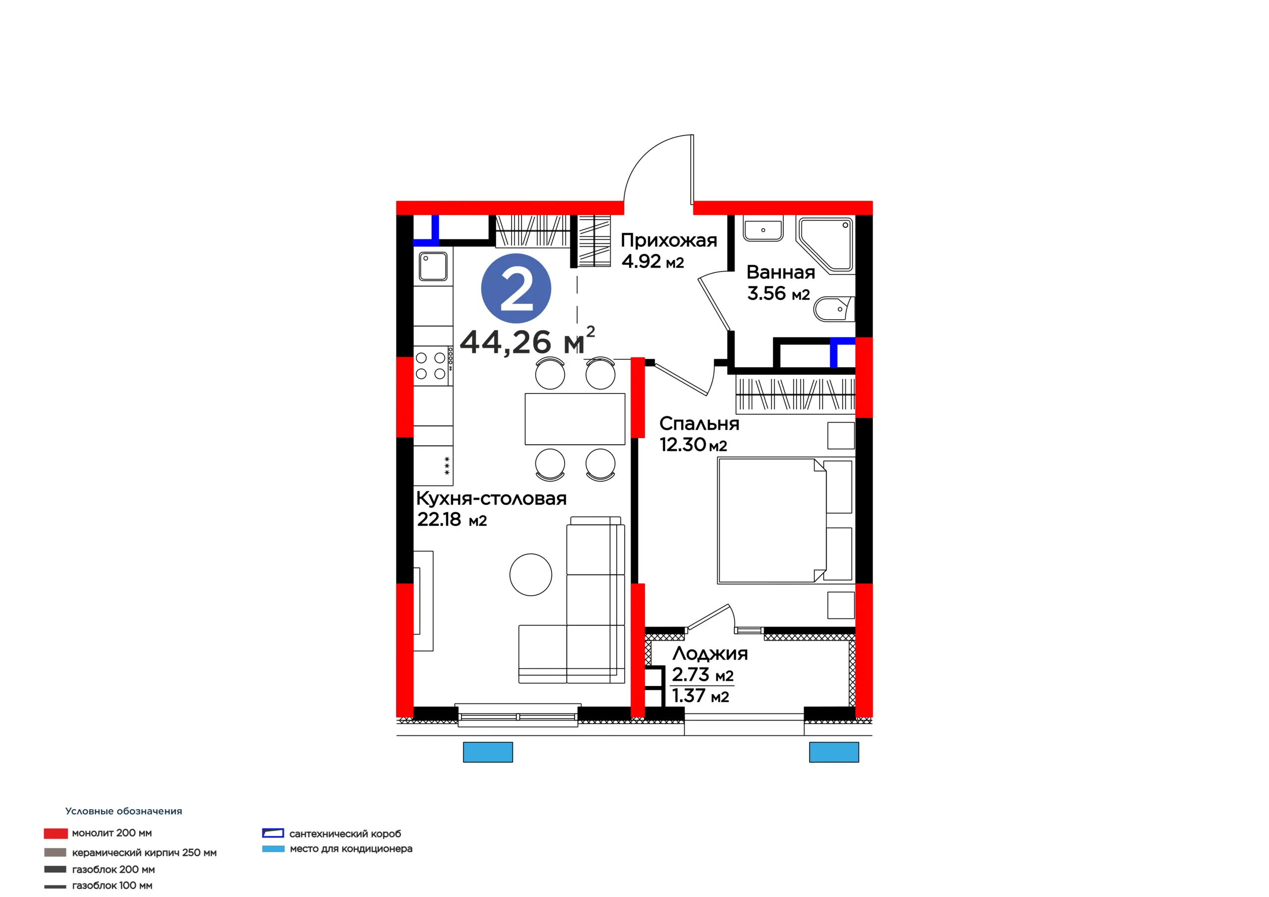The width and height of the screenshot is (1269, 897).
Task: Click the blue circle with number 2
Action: point(516,288)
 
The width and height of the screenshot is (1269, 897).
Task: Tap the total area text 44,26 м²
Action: point(527,340)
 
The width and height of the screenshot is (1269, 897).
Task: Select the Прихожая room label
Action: point(669,240)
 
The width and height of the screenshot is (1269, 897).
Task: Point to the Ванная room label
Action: point(780,272)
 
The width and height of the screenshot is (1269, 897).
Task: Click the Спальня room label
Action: point(699,423)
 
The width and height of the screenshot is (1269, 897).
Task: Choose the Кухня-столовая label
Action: point(491,499)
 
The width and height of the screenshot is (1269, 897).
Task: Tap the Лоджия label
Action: point(710,654)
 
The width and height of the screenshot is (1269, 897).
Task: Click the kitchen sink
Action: point(433,267)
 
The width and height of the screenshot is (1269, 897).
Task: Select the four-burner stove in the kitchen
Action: point(433,365)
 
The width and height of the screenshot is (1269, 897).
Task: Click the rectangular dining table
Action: point(575,419)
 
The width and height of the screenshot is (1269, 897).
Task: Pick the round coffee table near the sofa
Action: point(530,575)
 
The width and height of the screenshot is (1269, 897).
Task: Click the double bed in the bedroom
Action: point(785,521)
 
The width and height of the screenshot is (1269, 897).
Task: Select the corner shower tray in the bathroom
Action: point(826,245)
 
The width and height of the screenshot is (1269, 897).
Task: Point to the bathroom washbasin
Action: point(763,228)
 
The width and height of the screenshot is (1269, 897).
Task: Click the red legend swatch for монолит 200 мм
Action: point(56,833)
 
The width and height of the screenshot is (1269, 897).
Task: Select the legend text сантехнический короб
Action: point(345,834)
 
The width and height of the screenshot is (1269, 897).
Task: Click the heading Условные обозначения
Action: point(123,811)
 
